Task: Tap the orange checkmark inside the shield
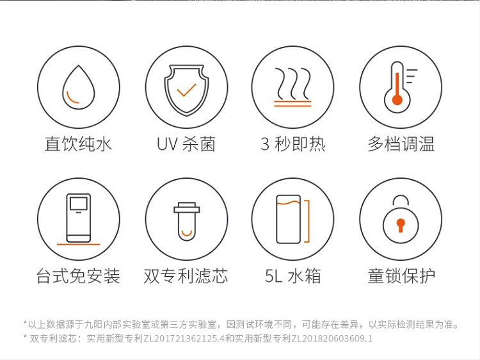(186, 90)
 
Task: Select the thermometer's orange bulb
(397, 100)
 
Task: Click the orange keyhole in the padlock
(401, 225)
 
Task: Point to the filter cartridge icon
(187, 221)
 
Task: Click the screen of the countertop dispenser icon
(79, 204)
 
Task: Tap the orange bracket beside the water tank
(307, 221)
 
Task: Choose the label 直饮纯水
(78, 144)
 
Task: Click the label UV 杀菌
(186, 144)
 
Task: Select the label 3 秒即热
(293, 144)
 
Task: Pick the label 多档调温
(401, 144)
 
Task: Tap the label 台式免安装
(78, 275)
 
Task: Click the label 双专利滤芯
(186, 275)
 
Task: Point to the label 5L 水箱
(293, 275)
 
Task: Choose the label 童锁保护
(401, 275)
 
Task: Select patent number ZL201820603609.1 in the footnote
(332, 339)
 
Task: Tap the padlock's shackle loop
(401, 200)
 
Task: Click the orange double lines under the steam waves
(292, 104)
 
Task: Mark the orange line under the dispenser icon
(79, 244)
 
